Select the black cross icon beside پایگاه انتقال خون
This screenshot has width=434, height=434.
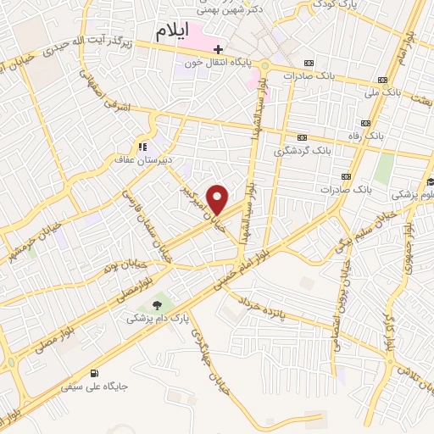coord(218,50)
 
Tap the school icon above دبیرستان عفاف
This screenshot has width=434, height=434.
coord(142,145)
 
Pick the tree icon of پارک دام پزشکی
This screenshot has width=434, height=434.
coord(156,304)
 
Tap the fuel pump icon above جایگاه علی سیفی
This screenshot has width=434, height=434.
coord(92,373)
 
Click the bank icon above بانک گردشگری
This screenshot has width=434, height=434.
coord(302,137)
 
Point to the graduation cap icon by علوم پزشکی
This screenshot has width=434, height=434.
coord(430,181)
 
